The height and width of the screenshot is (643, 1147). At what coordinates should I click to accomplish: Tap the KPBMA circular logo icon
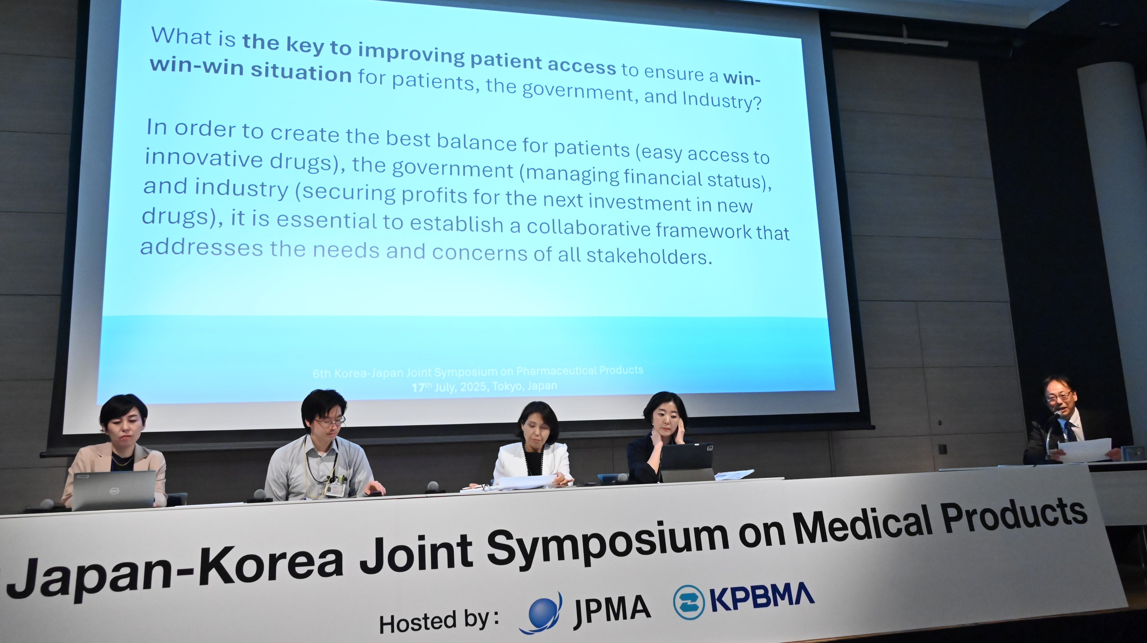click(x=689, y=602)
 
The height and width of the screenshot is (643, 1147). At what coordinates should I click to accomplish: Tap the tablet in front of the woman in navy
click(x=687, y=462)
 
